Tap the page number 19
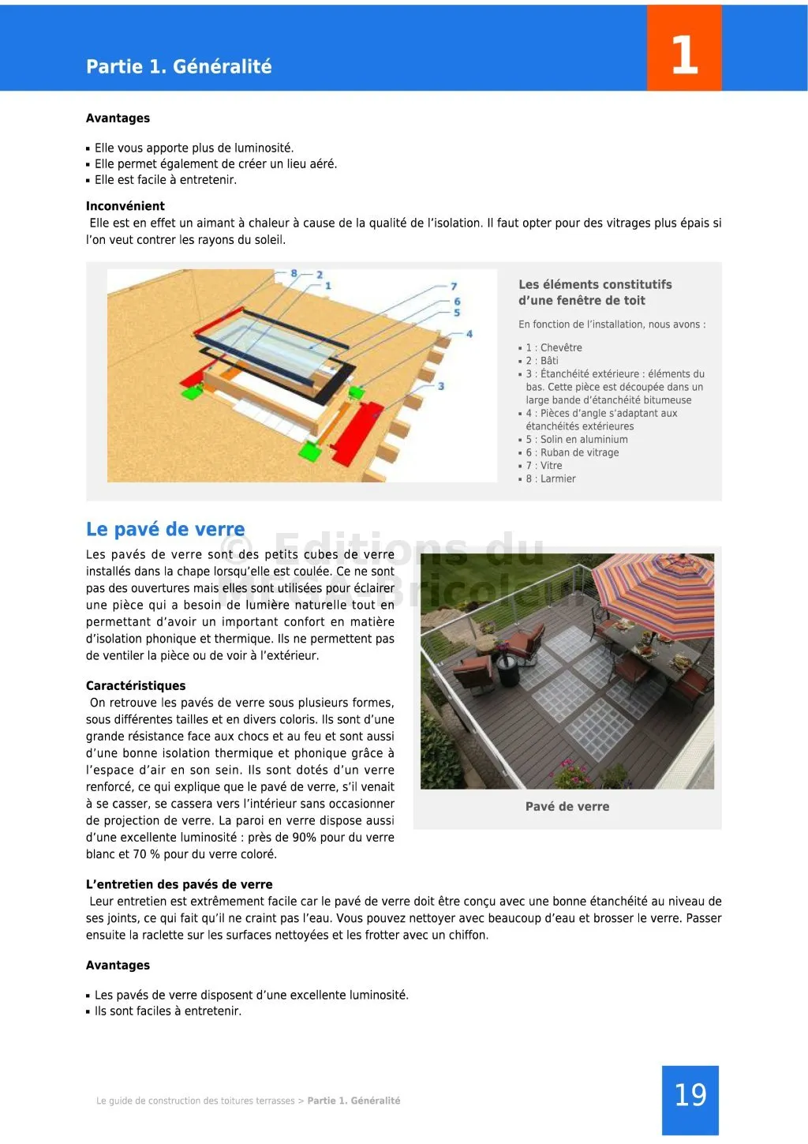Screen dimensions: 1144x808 point(690,1095)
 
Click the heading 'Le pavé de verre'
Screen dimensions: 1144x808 point(165,529)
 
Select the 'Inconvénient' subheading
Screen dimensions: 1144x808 point(125,206)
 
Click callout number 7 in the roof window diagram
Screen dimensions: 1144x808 point(454,286)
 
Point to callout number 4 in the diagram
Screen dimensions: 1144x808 point(469,334)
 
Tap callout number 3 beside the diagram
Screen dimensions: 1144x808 point(441,386)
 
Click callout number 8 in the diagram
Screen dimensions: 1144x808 point(294,273)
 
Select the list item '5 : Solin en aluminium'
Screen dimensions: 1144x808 point(577,440)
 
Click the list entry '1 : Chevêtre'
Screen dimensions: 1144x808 point(554,347)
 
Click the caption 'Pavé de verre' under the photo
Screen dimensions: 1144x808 point(567,806)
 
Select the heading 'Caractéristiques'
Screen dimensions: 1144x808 point(136,685)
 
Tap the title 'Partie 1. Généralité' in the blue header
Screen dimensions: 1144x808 point(179,66)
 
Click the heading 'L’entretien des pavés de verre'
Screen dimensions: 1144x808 point(179,884)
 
